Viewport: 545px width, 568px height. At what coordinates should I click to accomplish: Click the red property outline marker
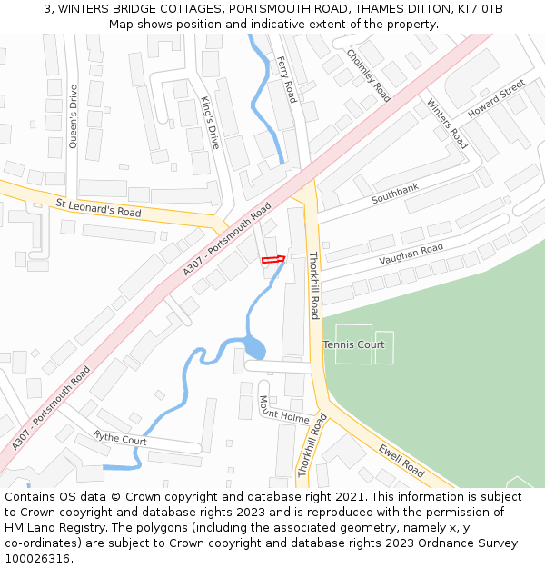point(273,259)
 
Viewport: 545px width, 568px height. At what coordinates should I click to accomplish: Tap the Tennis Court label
point(353,344)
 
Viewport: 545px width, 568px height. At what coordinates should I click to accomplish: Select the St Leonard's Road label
point(99,208)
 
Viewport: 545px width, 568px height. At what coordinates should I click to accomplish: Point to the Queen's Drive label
point(73,115)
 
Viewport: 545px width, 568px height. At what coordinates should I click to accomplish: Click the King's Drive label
point(210,123)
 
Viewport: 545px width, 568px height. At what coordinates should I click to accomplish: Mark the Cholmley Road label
point(369,74)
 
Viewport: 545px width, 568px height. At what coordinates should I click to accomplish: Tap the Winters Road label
point(447,124)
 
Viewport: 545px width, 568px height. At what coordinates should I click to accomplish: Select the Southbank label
point(395,193)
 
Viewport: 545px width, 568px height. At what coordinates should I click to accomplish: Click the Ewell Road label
point(401,459)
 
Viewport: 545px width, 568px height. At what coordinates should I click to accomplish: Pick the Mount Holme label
point(284,410)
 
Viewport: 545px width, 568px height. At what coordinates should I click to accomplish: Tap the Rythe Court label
point(120,438)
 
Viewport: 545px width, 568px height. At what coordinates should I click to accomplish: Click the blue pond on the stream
point(254,348)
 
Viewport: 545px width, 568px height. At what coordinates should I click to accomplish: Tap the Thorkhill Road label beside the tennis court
point(314,285)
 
